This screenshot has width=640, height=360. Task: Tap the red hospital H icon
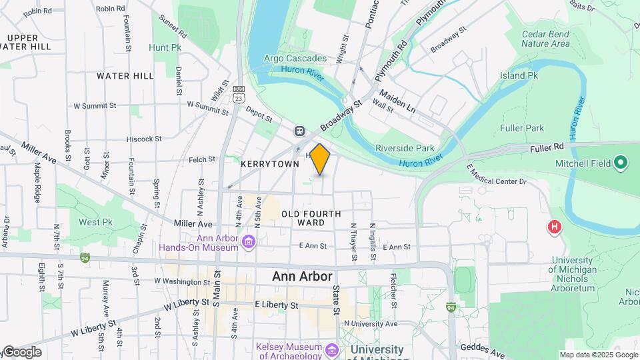tap(553, 228)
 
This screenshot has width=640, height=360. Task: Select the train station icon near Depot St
tap(301, 131)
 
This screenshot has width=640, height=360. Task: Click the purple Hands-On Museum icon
tap(249, 240)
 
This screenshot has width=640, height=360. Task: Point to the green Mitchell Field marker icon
tap(621, 163)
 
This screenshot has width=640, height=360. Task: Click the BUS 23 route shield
tap(238, 93)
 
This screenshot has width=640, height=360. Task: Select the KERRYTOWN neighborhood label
tap(270, 164)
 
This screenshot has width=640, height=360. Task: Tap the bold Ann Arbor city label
tap(302, 276)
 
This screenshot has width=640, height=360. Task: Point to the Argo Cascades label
tap(295, 59)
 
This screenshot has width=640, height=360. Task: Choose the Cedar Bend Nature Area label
tap(546, 39)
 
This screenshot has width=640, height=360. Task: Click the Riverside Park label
tap(405, 148)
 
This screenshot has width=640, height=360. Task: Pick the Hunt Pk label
tap(165, 48)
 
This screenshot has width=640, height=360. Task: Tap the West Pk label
tap(96, 222)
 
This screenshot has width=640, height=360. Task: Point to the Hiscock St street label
tap(145, 139)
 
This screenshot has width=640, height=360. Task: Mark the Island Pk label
tap(519, 76)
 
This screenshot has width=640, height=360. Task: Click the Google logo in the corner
tap(21, 352)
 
